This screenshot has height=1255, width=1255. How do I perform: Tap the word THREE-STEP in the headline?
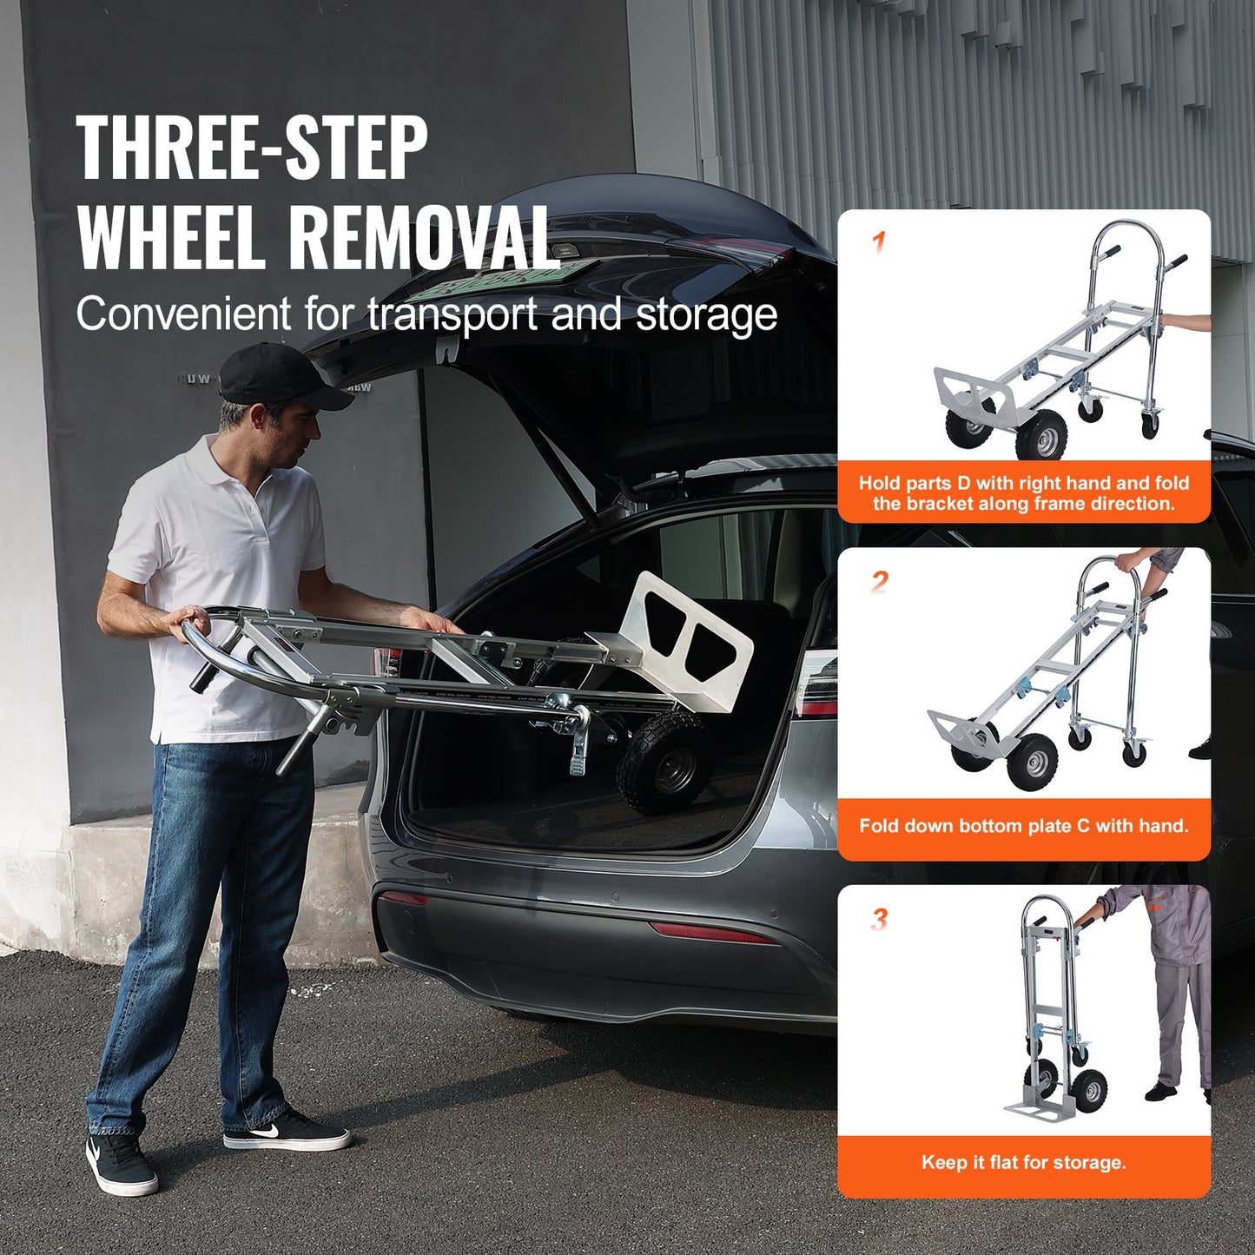click(252, 149)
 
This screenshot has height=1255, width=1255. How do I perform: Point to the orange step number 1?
click(879, 241)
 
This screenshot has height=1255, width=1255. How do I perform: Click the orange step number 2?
click(879, 581)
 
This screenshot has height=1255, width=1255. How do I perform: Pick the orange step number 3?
click(879, 919)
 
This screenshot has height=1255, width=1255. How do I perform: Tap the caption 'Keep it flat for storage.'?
click(1023, 1162)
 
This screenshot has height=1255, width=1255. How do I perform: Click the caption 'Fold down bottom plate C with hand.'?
click(1023, 825)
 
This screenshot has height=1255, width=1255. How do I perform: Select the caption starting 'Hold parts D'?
click(1023, 493)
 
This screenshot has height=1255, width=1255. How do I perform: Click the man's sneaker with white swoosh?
click(287, 1132)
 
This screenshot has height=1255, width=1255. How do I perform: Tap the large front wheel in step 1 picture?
click(1040, 434)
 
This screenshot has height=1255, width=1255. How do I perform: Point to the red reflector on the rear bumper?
click(712, 933)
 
